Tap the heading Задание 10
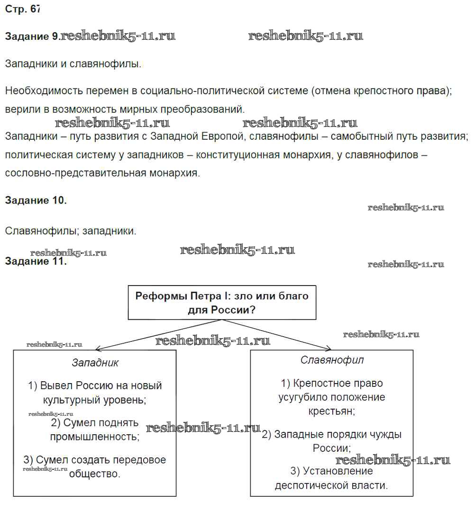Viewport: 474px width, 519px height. click(36, 200)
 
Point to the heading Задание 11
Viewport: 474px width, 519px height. click(36, 261)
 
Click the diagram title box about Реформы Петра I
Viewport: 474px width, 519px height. click(222, 303)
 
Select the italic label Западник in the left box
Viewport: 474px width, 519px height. click(95, 363)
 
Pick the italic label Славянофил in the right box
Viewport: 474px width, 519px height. click(332, 360)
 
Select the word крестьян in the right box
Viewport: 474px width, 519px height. click(332, 411)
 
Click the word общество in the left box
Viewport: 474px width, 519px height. click(94, 473)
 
